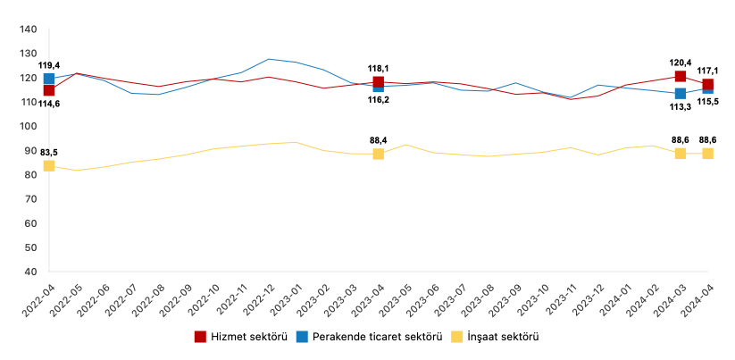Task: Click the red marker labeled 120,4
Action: [x=681, y=76]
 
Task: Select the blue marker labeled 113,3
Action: [x=681, y=93]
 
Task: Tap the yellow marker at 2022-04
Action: [x=49, y=166]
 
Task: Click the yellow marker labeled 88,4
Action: [x=379, y=154]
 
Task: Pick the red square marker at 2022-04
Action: [x=49, y=90]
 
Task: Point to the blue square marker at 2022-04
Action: [x=49, y=79]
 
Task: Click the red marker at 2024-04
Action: [x=707, y=84]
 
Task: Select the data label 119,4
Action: [x=49, y=65]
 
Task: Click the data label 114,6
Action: [x=49, y=105]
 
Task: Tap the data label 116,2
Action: [x=379, y=100]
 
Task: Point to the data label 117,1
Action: [x=708, y=71]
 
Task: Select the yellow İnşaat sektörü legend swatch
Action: [x=455, y=337]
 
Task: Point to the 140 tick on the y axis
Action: [x=27, y=29]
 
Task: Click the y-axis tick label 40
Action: [x=29, y=272]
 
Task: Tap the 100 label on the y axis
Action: [x=27, y=126]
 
